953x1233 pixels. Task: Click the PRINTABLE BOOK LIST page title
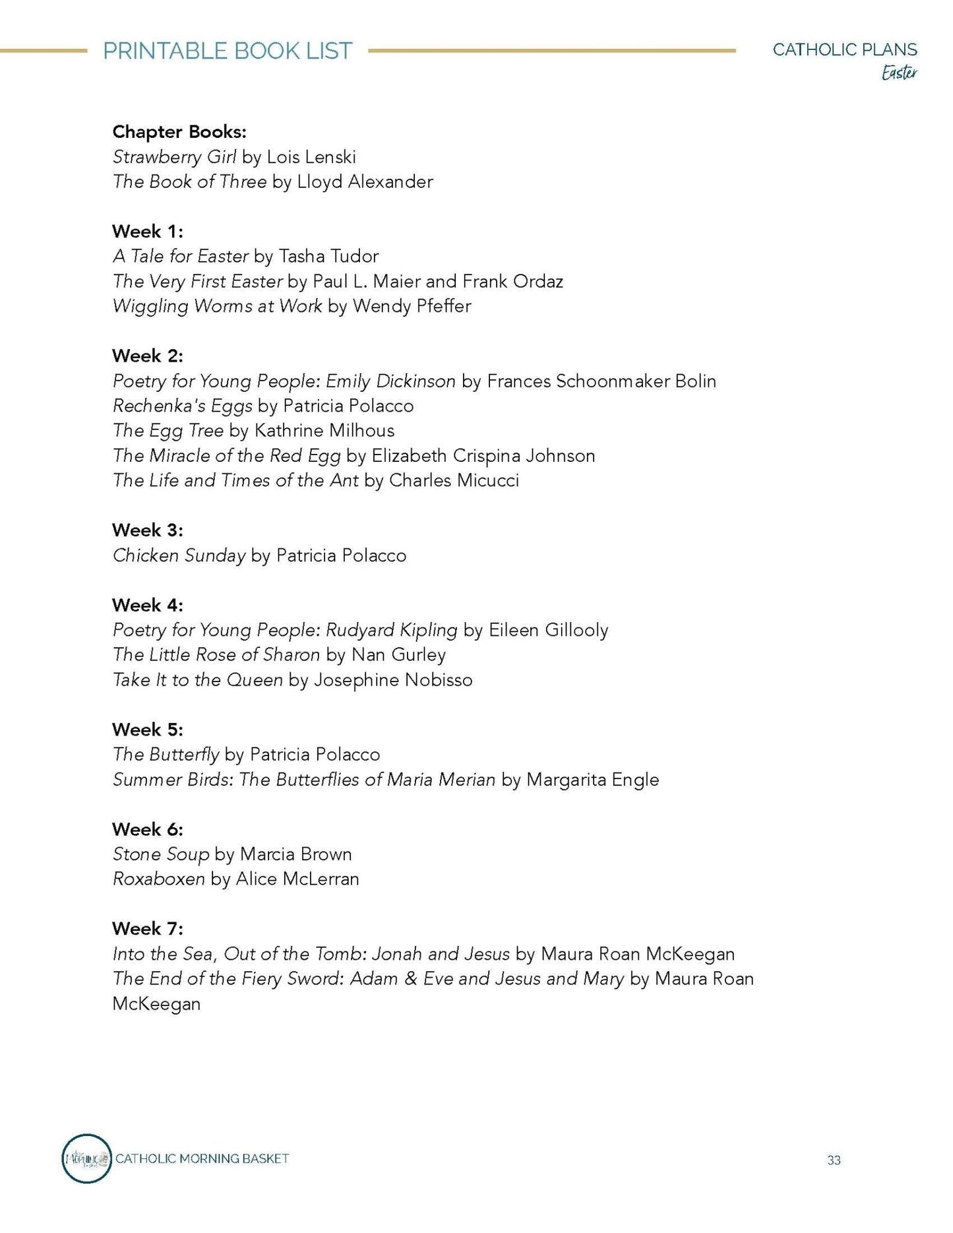coord(228,51)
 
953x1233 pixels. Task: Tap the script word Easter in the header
coord(899,73)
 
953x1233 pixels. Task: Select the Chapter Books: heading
coord(179,132)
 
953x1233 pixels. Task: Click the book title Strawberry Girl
coord(174,157)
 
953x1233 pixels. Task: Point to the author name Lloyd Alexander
coord(365,182)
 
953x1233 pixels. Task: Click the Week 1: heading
coord(147,232)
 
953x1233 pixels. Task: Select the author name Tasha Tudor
coord(328,257)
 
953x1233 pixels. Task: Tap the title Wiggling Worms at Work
coord(217,306)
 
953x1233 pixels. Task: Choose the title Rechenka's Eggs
coord(182,406)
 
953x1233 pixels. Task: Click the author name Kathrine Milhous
coord(324,431)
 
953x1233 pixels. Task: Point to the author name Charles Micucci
coord(454,480)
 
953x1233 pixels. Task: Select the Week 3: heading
coord(147,530)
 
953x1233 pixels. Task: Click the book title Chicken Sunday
coord(179,555)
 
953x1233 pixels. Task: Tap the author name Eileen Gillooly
coord(548,630)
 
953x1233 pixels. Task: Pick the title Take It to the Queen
coord(197,680)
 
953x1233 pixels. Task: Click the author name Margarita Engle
coord(593,780)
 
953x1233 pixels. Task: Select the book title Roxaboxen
coord(158,879)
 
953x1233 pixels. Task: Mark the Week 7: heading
coord(147,929)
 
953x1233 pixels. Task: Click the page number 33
coord(834,1160)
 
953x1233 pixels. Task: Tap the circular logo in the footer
coord(86,1158)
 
